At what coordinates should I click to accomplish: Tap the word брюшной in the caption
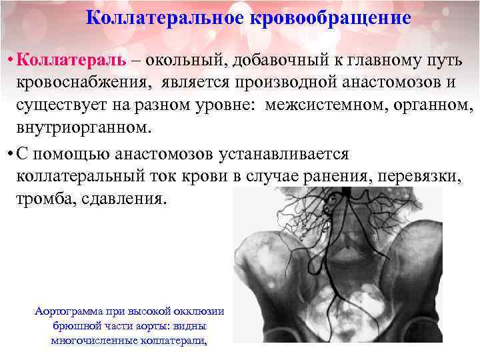click(x=75, y=326)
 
